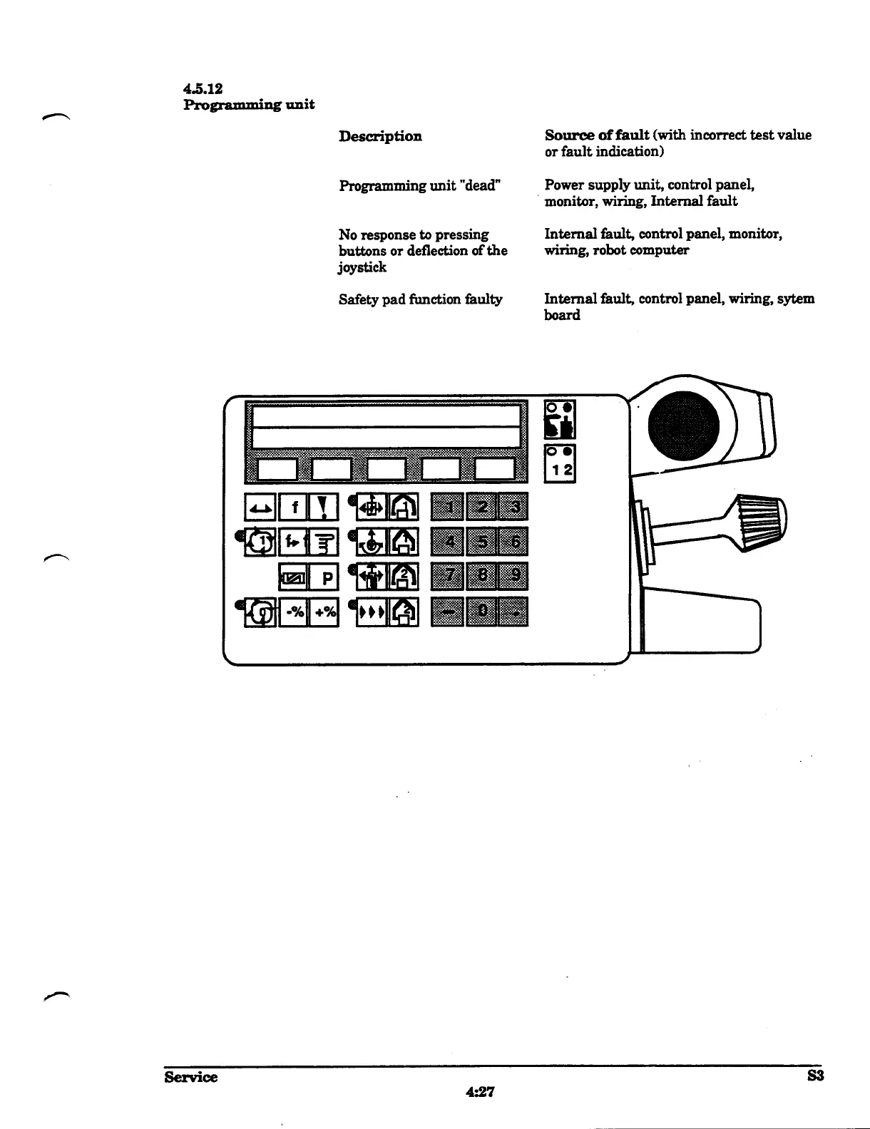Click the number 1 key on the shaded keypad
448,507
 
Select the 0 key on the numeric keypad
482,612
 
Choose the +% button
324,612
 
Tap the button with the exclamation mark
324,507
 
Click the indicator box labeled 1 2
559,464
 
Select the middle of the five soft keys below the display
386,468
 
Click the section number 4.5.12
203,89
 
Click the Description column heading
380,136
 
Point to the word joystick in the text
362,267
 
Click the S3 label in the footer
814,1076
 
